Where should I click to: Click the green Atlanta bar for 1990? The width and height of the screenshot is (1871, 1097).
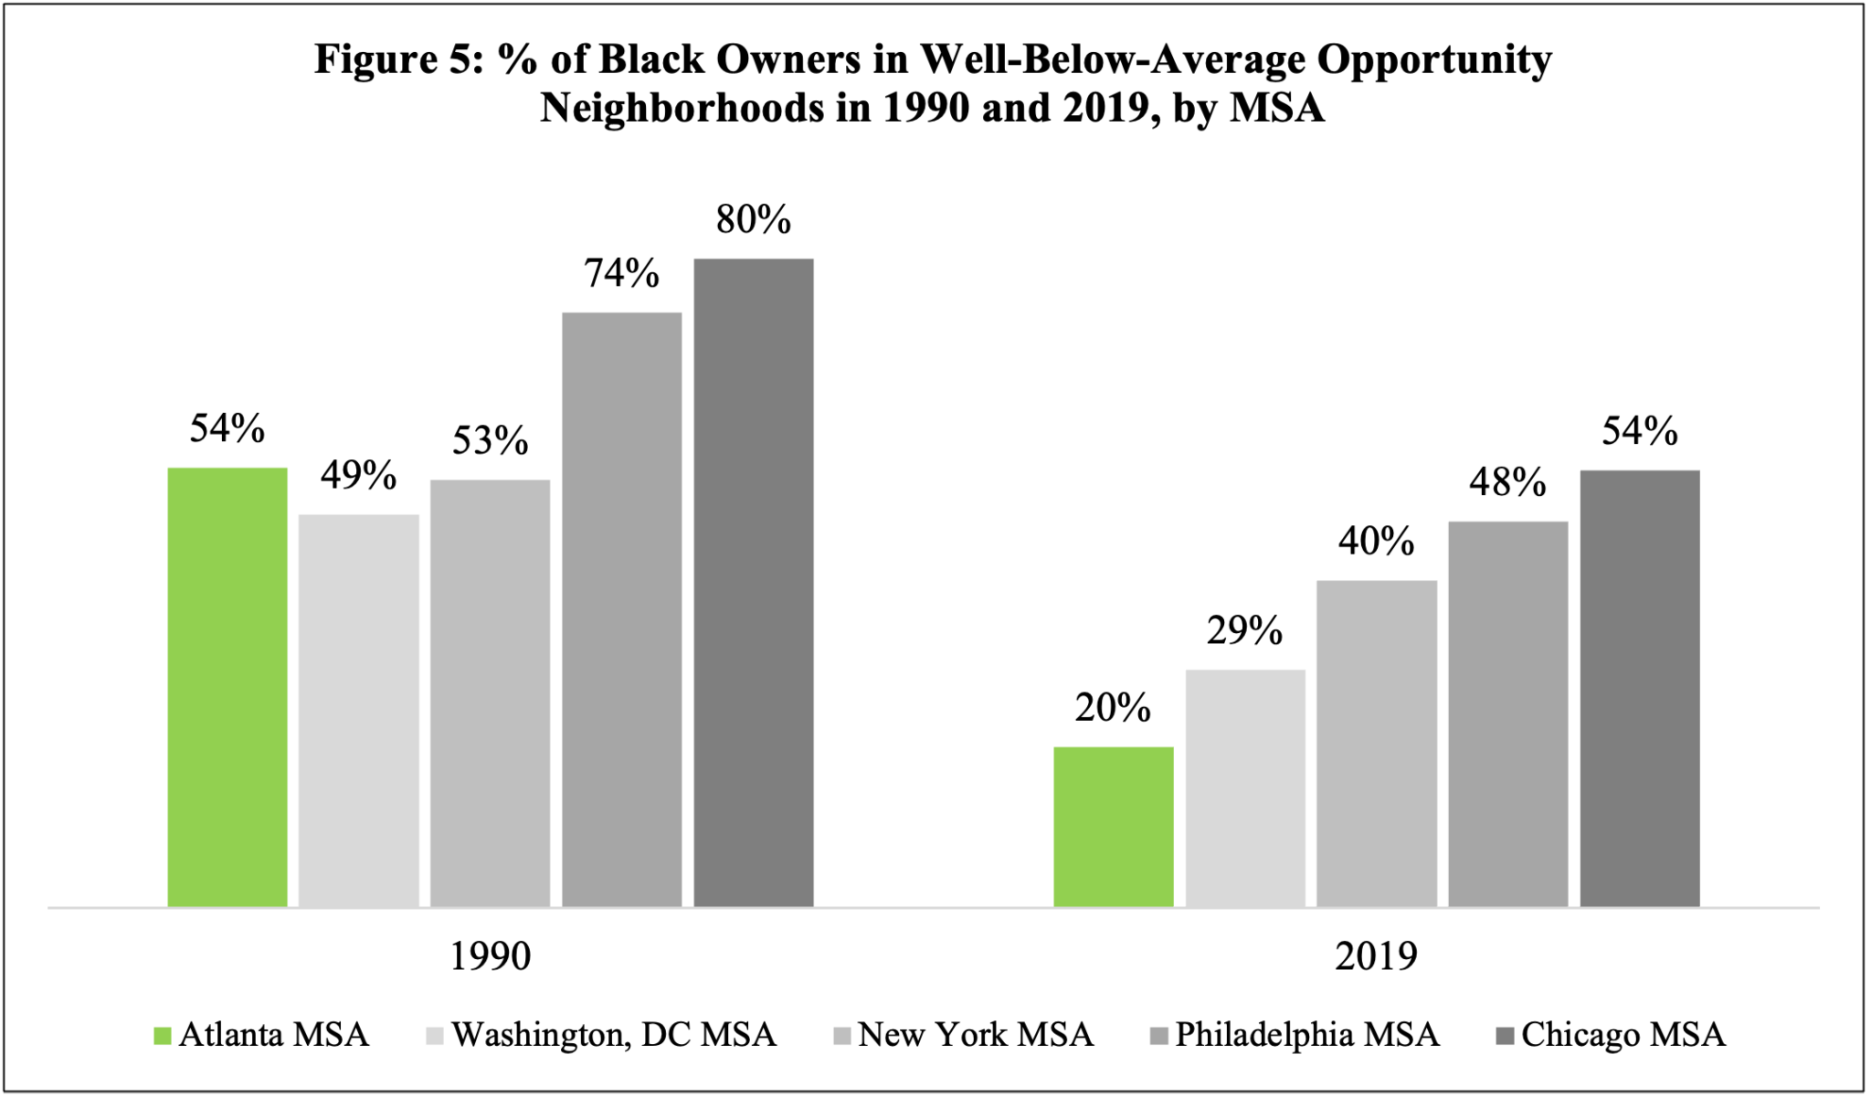[x=227, y=687]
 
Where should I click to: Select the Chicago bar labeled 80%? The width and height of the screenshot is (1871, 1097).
[x=754, y=583]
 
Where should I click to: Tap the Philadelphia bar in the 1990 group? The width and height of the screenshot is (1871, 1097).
[x=622, y=609]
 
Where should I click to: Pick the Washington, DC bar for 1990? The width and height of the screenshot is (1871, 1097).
[x=359, y=711]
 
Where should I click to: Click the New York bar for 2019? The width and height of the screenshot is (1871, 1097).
[x=1377, y=744]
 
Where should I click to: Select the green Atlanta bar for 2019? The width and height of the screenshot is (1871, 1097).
[x=1113, y=827]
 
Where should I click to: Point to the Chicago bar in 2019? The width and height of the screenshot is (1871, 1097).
[x=1640, y=689]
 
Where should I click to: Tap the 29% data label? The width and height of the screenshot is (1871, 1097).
[x=1244, y=630]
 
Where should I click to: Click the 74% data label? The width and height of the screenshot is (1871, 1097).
[x=622, y=273]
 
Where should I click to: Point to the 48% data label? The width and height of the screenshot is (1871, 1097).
[x=1507, y=481]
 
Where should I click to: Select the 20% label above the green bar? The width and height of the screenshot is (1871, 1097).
[x=1112, y=708]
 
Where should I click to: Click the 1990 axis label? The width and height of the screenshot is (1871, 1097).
[x=491, y=956]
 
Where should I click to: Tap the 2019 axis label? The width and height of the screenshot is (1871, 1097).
[x=1376, y=956]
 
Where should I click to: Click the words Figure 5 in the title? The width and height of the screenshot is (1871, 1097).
[x=396, y=60]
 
